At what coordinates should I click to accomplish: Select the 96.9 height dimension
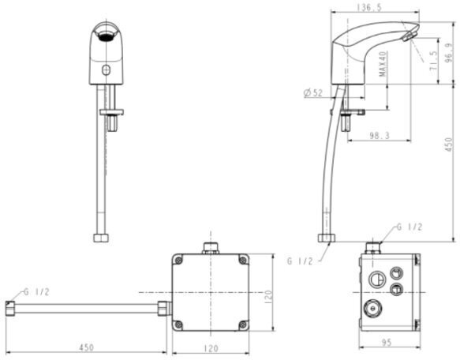coord(448,57)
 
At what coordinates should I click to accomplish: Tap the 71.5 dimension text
coord(433,62)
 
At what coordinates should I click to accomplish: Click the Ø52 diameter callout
coord(312,94)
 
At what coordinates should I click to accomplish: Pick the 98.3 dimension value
coord(380,136)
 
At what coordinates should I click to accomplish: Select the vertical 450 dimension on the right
coord(448,145)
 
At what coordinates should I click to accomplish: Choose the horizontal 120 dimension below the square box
coord(210,347)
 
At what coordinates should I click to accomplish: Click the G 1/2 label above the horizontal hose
coord(36,291)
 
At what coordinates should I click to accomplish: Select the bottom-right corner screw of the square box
coord(243,325)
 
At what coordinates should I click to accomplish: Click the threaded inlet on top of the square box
coord(211,248)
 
